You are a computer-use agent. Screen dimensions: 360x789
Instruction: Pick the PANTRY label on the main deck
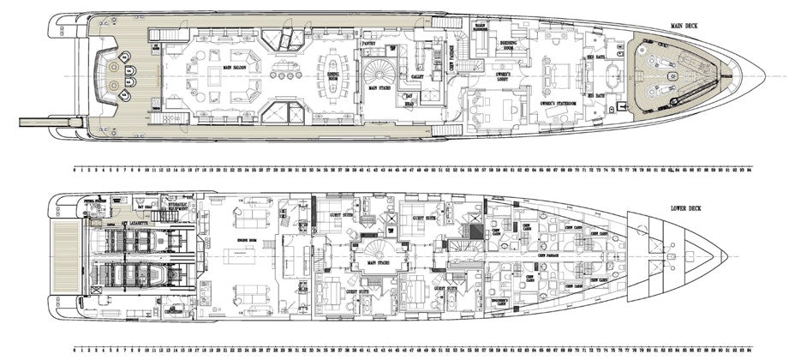[x=369, y=42]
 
